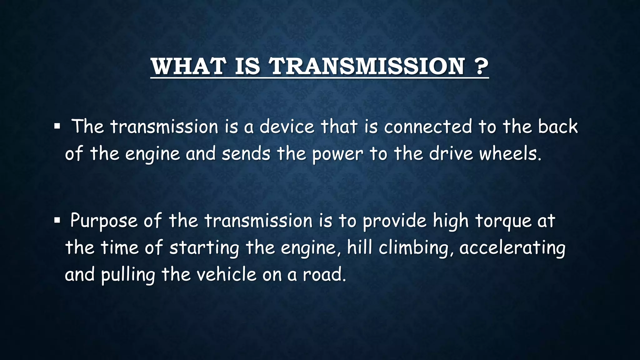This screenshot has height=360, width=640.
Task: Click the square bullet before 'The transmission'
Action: (x=57, y=127)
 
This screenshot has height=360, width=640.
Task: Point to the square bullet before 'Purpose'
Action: (x=57, y=221)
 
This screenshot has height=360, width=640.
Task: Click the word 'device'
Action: (x=287, y=127)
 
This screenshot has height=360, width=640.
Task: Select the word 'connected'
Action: (x=428, y=127)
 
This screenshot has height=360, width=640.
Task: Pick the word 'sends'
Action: (x=246, y=154)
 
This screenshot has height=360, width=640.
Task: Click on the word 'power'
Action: (x=337, y=154)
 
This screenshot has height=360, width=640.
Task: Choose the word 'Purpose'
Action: (x=104, y=221)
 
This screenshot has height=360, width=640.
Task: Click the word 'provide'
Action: (x=394, y=221)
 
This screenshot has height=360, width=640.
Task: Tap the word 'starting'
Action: (x=204, y=248)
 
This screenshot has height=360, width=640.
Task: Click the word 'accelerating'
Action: (x=512, y=248)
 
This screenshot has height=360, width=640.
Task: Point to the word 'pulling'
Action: (x=128, y=275)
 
